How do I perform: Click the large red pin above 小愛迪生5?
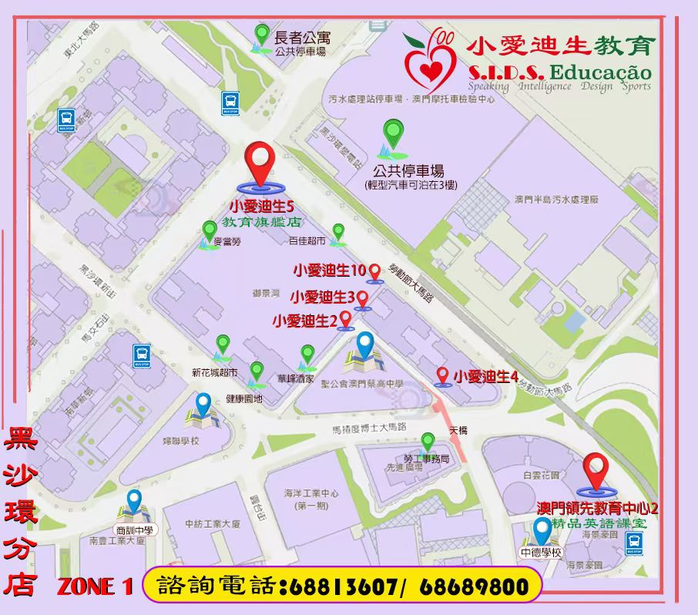coord(260,163)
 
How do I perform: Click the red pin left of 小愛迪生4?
coord(442,375)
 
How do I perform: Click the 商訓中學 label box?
coord(136,530)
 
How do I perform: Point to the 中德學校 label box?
coord(541,553)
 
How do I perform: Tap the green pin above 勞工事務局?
coord(428,442)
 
